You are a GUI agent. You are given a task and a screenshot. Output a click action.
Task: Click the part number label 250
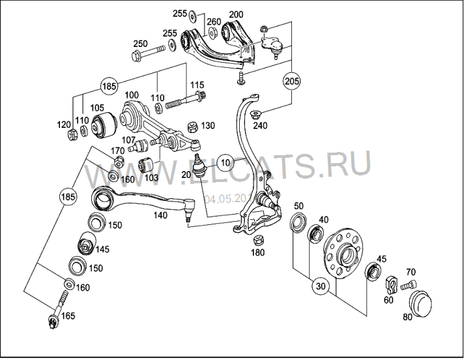pos(139,43)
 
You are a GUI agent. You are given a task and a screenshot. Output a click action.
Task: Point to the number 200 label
pos(237,14)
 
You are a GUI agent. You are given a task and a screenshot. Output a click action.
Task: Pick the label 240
pos(260,126)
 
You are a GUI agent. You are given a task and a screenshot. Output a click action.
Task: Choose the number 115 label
pos(197,85)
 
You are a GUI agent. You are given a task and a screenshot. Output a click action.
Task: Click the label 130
pos(207,125)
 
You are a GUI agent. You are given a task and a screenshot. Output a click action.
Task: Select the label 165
pos(68,316)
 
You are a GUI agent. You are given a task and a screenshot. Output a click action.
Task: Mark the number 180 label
pos(258,252)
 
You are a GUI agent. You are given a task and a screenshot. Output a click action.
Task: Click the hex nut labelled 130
pos(192,126)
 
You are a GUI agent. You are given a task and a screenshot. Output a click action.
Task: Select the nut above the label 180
pos(257,239)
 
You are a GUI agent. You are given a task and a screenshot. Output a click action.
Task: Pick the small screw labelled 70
pos(408,285)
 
